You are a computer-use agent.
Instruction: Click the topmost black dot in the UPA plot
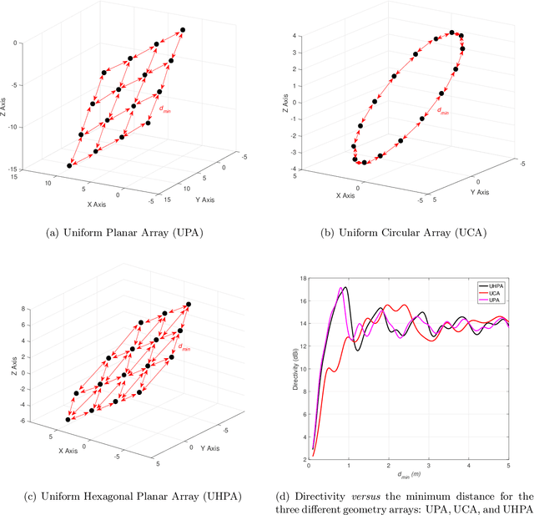pyautogui.click(x=183, y=30)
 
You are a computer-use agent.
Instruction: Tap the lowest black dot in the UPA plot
pyautogui.click(x=69, y=166)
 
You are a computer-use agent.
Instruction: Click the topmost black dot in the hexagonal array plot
pyautogui.click(x=189, y=305)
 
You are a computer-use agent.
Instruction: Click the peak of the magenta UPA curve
pyautogui.click(x=340, y=288)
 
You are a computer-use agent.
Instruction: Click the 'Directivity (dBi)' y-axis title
pyautogui.click(x=292, y=366)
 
